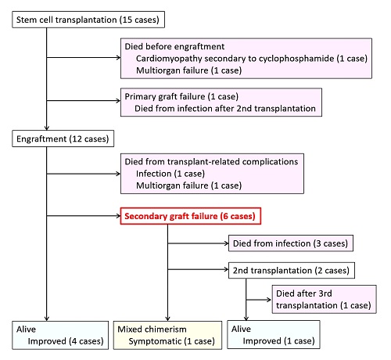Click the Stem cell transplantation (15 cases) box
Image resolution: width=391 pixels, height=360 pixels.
[x=88, y=20]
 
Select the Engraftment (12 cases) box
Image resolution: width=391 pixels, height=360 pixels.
[x=63, y=139]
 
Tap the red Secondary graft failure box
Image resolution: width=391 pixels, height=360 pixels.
[x=191, y=216]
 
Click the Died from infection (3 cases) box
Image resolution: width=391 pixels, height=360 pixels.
[x=291, y=243]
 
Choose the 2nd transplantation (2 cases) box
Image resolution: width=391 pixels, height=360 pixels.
[x=292, y=271]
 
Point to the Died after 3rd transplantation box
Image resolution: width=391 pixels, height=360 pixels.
[x=325, y=299]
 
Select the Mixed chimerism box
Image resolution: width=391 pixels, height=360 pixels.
[x=167, y=335]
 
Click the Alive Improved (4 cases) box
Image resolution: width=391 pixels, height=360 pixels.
[x=60, y=335]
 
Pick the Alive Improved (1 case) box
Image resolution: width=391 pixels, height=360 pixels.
[x=274, y=335]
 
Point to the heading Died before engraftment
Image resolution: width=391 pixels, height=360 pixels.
[x=174, y=46]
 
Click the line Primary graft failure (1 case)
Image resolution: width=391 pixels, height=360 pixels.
[x=181, y=96]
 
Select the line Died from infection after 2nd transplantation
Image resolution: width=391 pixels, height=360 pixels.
[x=225, y=108]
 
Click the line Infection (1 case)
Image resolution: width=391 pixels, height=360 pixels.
[x=170, y=174]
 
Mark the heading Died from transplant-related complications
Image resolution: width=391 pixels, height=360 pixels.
[x=211, y=162]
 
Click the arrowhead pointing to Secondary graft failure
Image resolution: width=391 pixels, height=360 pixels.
[x=118, y=216]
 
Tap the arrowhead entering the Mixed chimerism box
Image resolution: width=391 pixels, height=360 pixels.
[x=167, y=319]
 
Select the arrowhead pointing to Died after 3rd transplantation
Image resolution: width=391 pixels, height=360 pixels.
[x=269, y=300]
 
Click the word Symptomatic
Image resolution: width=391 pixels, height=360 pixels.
[x=155, y=341]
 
